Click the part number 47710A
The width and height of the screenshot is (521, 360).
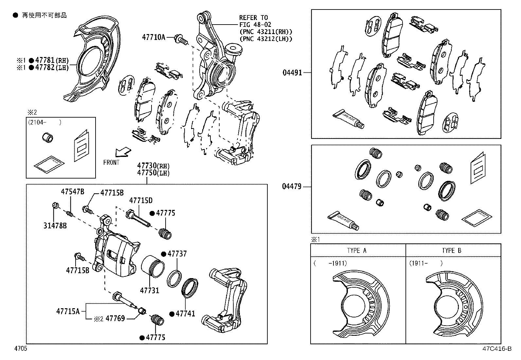[153, 37]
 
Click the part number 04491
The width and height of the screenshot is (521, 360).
[292, 72]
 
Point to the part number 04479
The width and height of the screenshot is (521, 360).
[292, 187]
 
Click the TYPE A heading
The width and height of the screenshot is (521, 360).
[356, 251]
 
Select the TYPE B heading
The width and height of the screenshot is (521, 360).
[451, 251]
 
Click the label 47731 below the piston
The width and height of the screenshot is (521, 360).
[150, 290]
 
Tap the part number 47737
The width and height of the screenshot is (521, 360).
[177, 254]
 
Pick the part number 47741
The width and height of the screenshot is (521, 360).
[185, 313]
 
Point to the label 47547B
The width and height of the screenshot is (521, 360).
[72, 192]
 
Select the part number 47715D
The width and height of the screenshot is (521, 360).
[141, 200]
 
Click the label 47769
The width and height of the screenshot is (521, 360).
[115, 318]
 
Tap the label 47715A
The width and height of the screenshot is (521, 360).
[68, 311]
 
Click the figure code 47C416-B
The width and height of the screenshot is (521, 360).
[496, 349]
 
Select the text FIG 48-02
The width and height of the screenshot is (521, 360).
[255, 25]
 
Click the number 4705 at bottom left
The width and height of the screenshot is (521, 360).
[20, 349]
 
